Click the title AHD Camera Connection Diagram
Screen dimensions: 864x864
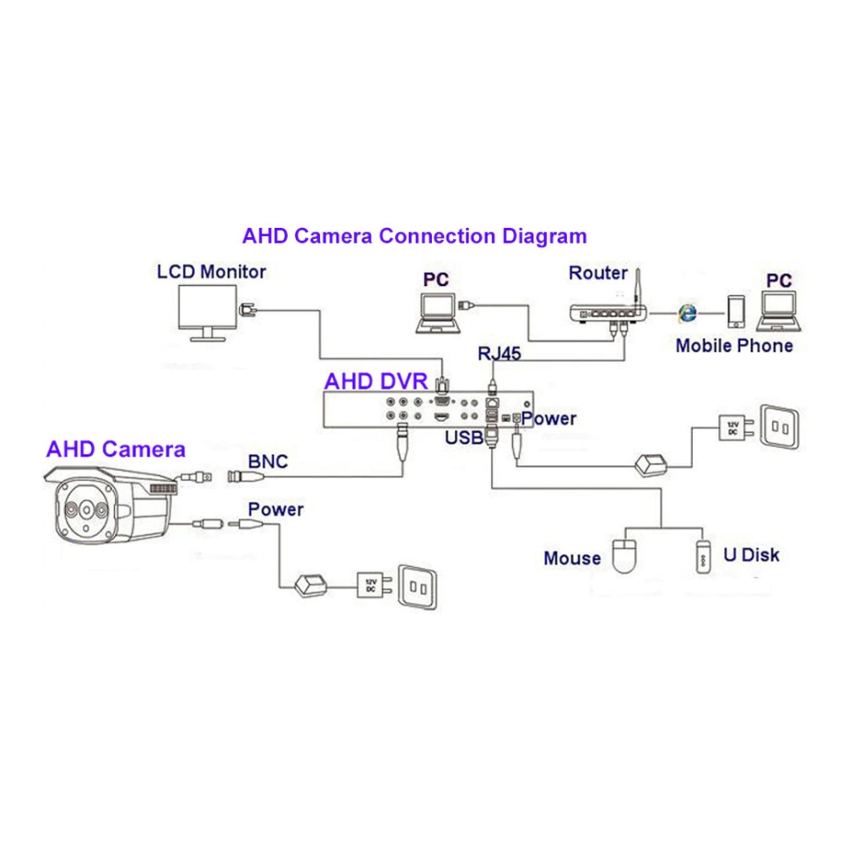click(x=414, y=235)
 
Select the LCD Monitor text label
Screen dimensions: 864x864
click(x=212, y=272)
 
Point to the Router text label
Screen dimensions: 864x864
click(x=597, y=273)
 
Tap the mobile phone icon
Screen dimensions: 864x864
click(x=737, y=311)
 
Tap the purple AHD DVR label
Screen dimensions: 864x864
click(x=376, y=381)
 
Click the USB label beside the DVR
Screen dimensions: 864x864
click(x=463, y=437)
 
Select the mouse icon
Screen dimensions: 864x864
click(x=625, y=553)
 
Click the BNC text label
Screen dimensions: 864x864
click(x=267, y=462)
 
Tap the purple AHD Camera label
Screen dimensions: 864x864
click(x=116, y=448)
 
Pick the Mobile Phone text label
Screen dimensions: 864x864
click(x=734, y=345)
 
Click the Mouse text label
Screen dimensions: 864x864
click(x=572, y=558)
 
